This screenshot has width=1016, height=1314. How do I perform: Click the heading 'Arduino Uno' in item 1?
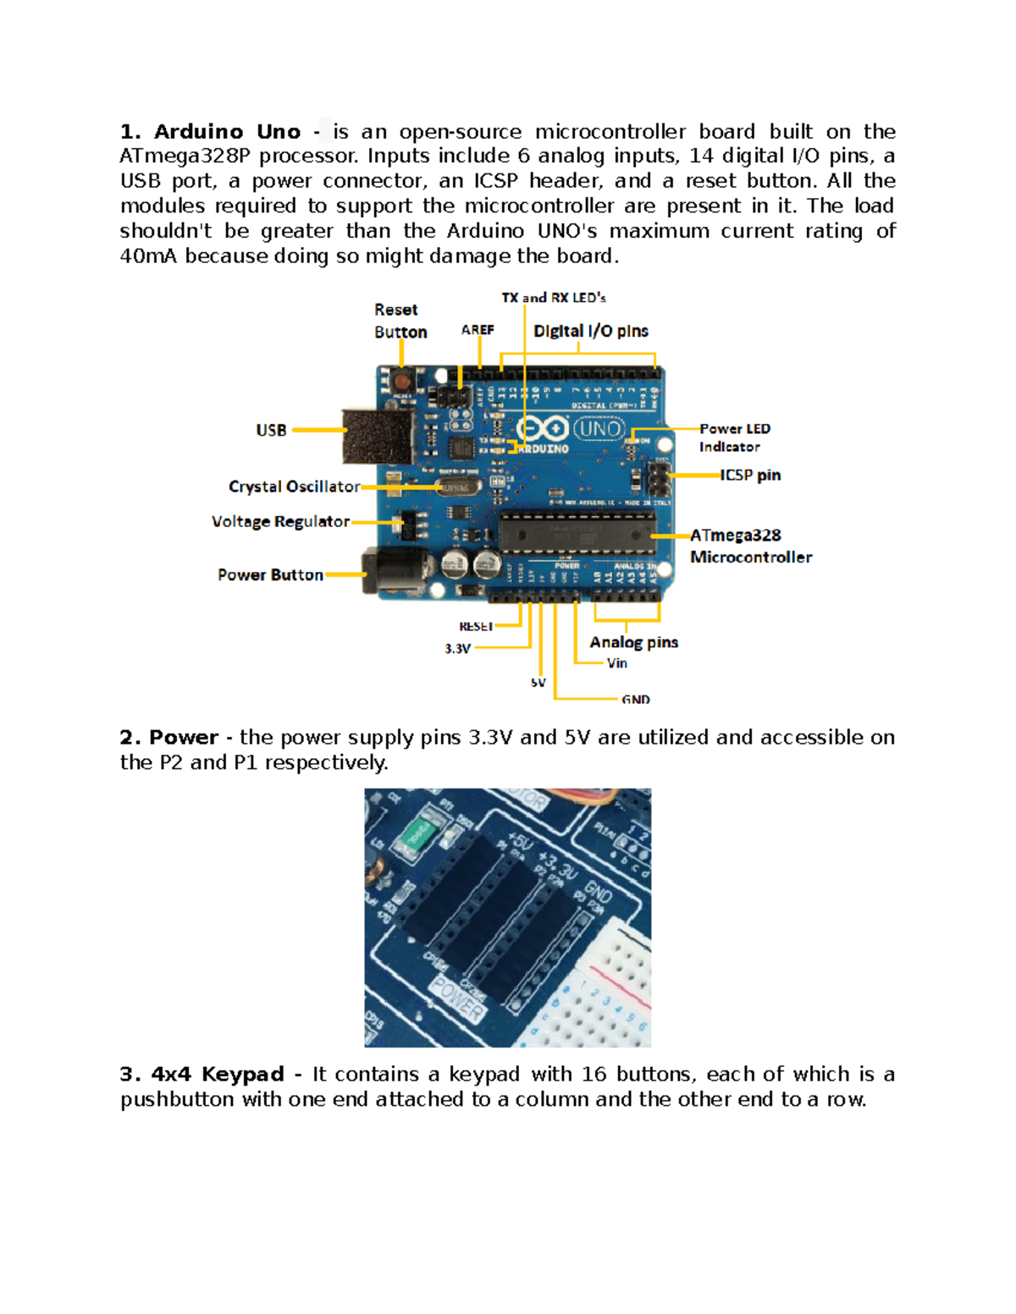[227, 132]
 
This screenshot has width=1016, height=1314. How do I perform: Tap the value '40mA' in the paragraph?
[149, 256]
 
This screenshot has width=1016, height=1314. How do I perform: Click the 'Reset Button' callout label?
[400, 322]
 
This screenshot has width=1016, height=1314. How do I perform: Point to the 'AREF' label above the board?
[478, 330]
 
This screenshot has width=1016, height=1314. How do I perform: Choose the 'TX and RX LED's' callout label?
[554, 298]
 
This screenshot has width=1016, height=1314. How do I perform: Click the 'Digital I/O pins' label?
[590, 331]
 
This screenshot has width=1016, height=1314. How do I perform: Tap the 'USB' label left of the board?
[271, 430]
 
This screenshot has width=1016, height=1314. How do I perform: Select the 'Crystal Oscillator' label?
[294, 487]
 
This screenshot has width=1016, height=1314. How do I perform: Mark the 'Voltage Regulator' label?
[280, 522]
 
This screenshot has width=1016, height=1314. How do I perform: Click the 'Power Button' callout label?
[270, 575]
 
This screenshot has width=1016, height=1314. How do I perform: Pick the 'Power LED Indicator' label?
[734, 437]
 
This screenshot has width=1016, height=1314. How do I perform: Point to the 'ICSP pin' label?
[750, 476]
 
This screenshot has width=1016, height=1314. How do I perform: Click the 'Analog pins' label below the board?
[633, 642]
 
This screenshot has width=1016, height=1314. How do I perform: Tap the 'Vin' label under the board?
[616, 663]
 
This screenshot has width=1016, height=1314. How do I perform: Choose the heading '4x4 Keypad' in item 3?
[218, 1075]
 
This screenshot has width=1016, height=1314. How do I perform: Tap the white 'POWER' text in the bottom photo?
[458, 998]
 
